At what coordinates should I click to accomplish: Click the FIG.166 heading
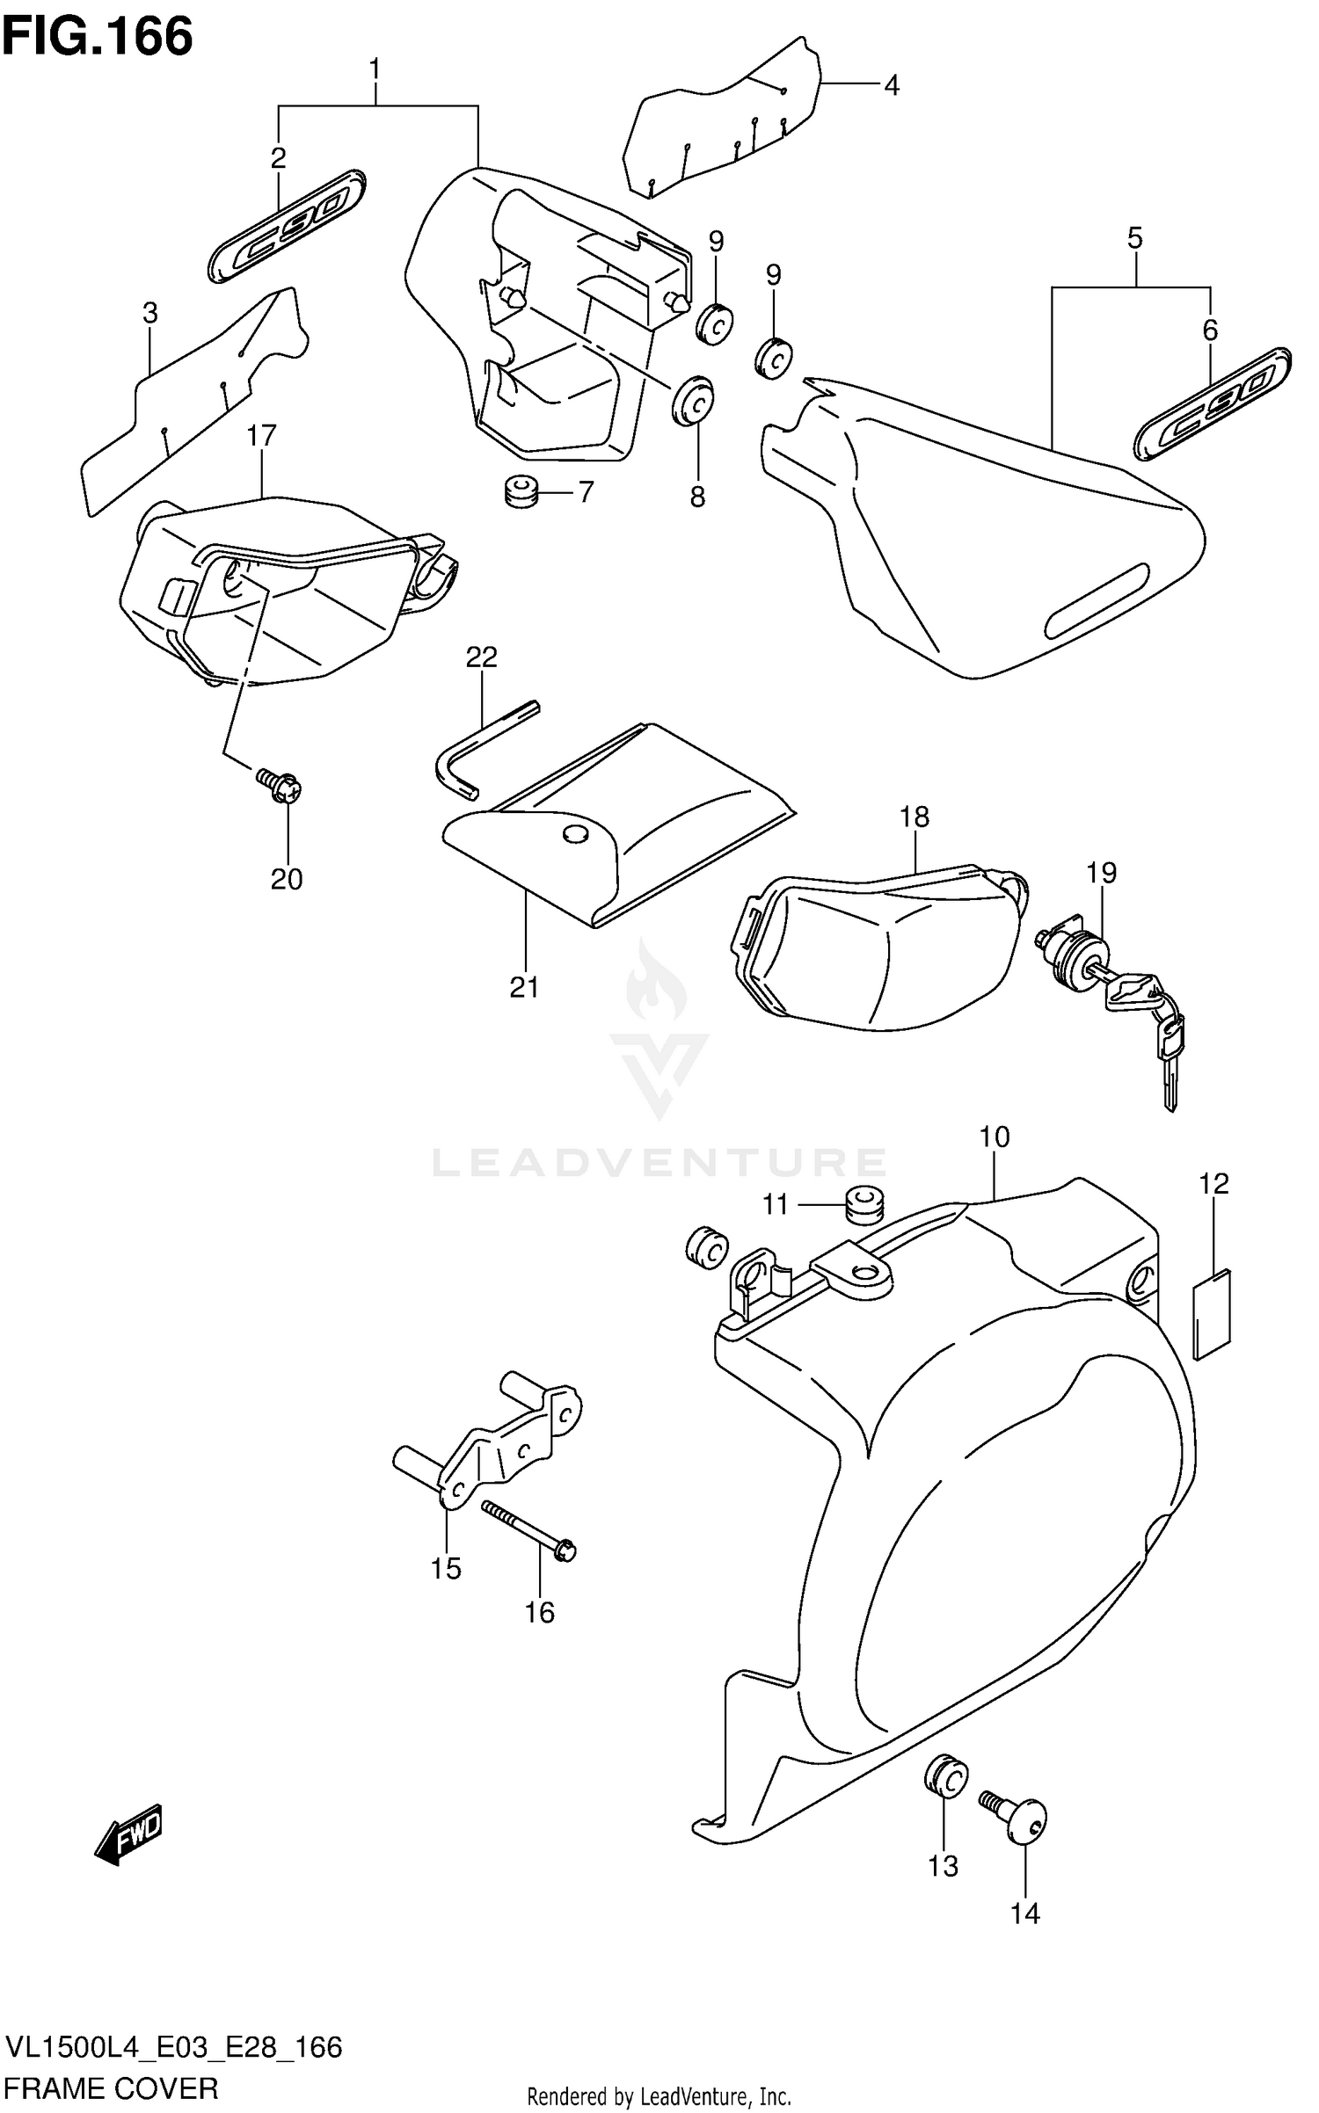coord(98,37)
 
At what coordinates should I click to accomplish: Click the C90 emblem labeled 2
coord(288,226)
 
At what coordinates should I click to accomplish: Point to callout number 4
coord(891,86)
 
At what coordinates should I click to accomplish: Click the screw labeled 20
coord(280,785)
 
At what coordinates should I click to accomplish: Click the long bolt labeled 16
coord(528,1530)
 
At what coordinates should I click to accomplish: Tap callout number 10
coord(995,1136)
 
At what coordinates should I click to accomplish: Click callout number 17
coord(261,435)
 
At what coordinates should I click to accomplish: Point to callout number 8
coord(697,497)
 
